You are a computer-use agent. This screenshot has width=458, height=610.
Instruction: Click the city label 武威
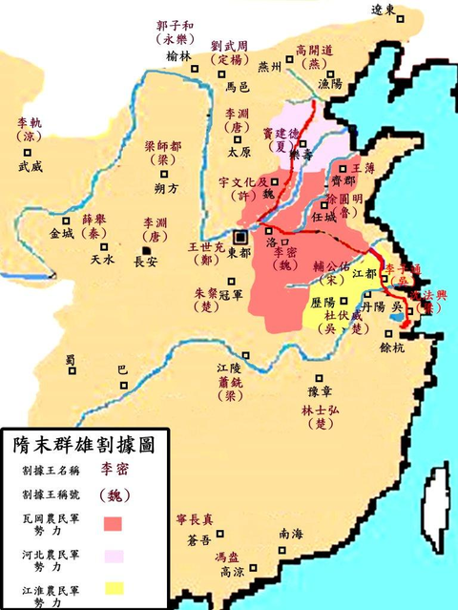31,166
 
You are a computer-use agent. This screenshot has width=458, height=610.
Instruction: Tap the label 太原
239,151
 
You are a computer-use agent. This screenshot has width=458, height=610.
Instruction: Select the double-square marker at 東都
242,235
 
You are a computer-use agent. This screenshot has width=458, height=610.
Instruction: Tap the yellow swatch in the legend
114,587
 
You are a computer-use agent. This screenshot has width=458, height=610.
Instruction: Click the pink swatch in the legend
114,555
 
